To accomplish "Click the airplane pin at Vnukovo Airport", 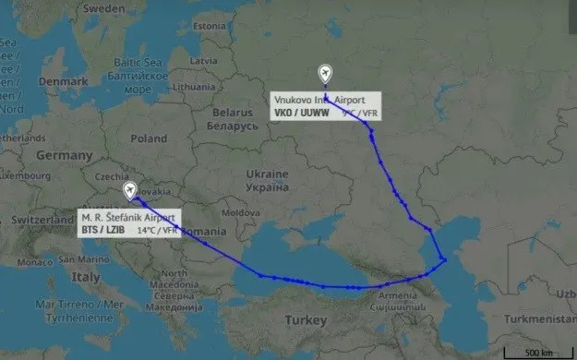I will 324,74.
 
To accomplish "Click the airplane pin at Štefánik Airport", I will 130,191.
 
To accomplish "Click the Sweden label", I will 94,7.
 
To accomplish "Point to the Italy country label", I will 87,277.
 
